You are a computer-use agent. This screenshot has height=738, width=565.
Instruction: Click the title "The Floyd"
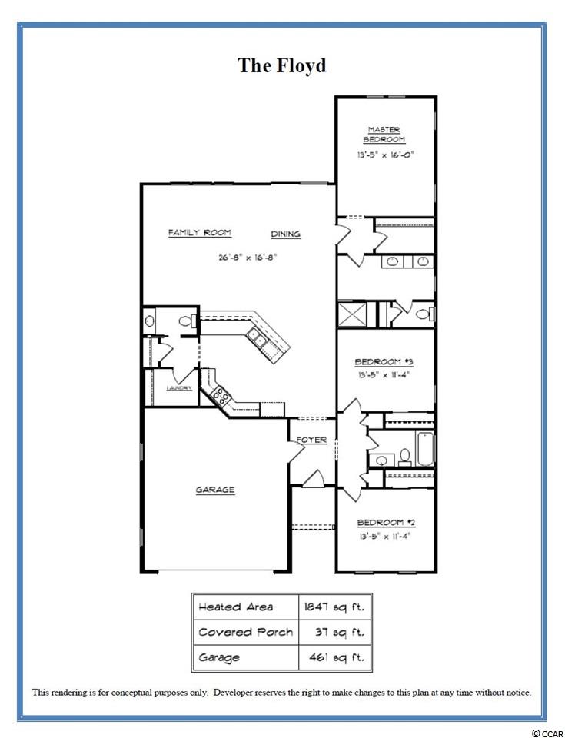coord(282,65)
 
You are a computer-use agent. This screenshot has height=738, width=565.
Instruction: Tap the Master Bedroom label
coord(384,135)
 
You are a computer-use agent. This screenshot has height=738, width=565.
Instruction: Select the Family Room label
coord(200,232)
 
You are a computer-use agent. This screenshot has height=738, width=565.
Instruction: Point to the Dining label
coord(286,234)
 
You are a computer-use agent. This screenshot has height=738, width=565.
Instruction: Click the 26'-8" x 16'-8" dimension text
coord(248,258)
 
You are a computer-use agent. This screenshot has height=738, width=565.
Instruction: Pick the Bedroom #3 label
coord(384,362)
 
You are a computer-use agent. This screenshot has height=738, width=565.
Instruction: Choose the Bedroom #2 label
coord(386,523)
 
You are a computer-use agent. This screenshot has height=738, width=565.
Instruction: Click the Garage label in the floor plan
coord(215,490)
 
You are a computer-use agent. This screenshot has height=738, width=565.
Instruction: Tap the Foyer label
coord(311,440)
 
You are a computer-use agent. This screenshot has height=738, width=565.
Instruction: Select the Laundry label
coord(179,388)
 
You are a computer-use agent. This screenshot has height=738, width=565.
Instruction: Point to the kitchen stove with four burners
coord(221,395)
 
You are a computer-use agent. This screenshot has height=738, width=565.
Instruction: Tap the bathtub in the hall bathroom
coord(425,449)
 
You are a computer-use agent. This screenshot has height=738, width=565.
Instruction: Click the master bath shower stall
coord(353,314)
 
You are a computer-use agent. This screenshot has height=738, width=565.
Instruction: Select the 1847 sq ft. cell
coord(334,607)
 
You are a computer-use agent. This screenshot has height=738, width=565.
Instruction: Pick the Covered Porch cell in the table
coord(246,632)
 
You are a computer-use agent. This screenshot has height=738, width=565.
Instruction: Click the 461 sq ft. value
coord(337,657)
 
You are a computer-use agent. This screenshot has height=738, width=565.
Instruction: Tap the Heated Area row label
coord(235,607)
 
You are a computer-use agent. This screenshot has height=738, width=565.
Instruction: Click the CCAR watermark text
coord(548,733)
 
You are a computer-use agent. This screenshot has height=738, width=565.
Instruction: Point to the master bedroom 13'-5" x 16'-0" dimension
coord(385,155)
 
